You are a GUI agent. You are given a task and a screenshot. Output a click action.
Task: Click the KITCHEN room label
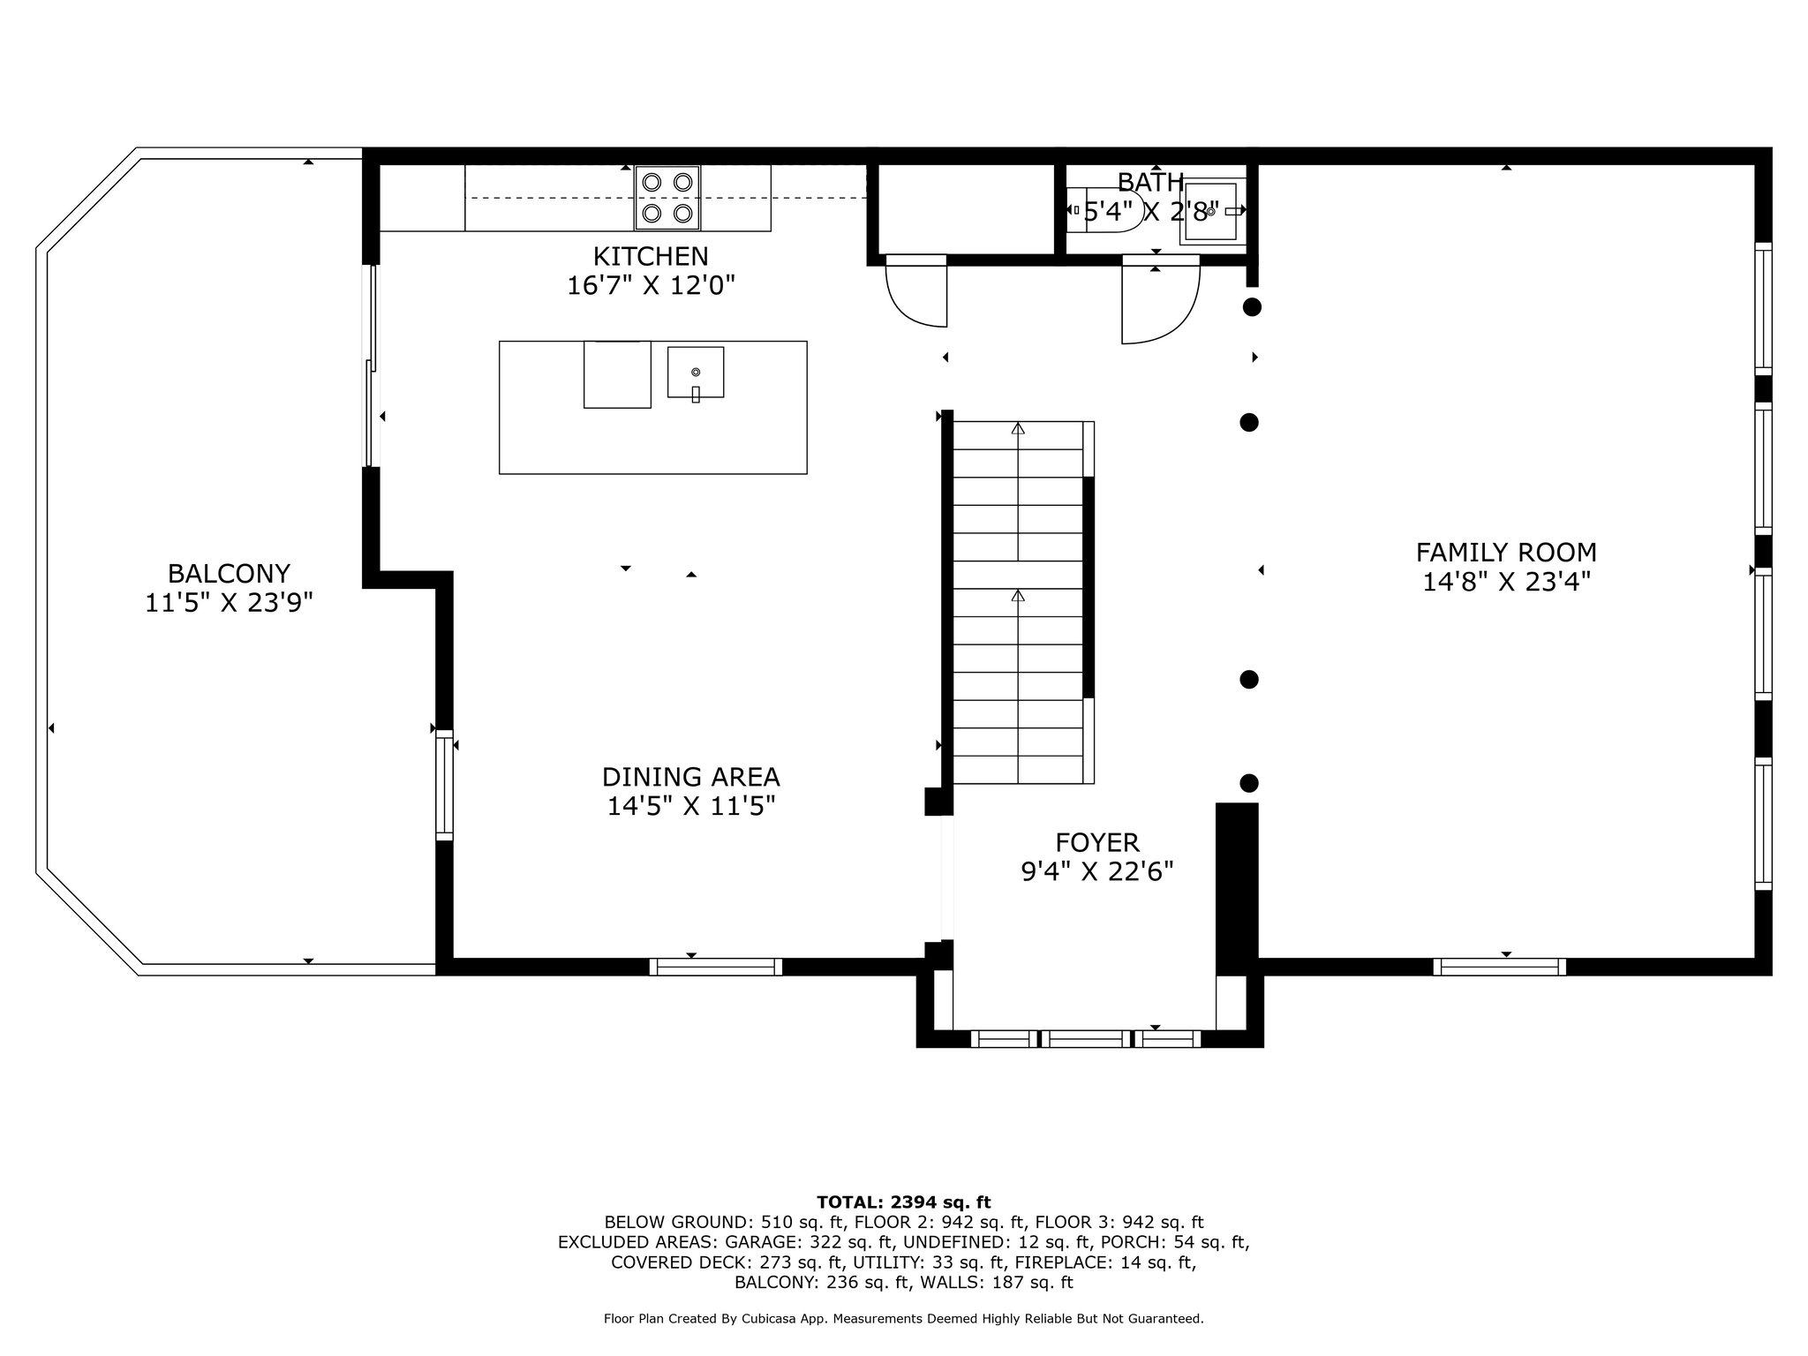coord(651,256)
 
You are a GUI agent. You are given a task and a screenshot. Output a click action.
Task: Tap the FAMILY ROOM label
coord(1506,553)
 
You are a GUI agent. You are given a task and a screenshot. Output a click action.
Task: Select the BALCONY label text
coord(229,574)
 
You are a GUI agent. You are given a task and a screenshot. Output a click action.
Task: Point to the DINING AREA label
coord(690,777)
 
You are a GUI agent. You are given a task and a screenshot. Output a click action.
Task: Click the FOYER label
coord(1097,842)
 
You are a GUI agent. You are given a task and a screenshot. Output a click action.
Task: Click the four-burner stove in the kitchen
coord(667,198)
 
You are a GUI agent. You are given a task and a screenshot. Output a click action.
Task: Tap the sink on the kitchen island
coord(696,373)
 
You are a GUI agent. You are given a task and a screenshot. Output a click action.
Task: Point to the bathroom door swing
coord(1160,300)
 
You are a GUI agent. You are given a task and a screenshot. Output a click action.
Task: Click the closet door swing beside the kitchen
coord(916,292)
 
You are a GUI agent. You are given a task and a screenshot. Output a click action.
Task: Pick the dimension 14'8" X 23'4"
coord(1506,583)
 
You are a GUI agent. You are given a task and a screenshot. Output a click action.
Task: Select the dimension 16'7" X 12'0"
coord(651,286)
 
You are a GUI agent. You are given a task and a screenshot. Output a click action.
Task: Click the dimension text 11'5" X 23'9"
coord(229,603)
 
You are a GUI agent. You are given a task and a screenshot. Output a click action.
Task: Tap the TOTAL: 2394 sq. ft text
coord(904,1202)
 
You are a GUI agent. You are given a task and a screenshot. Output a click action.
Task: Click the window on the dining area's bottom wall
coord(716,967)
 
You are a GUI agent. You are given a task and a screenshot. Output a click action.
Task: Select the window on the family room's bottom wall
coord(1500,967)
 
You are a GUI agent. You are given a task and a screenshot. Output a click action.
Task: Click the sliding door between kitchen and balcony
coord(372,365)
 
